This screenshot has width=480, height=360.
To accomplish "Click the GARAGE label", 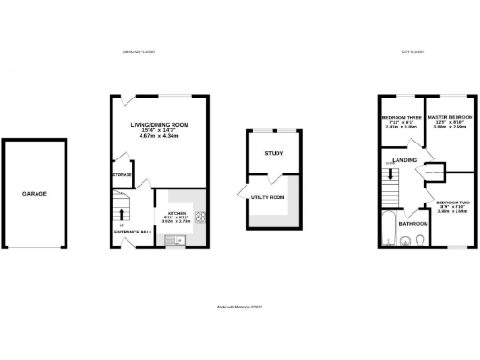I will pos(35,194).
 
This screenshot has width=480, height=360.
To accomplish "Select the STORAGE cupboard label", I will pos(122,174).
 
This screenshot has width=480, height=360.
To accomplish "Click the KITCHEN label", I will pos(177,214).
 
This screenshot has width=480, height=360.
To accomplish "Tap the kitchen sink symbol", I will pos(173,241).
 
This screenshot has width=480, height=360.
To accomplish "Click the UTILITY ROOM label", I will pos(267,197).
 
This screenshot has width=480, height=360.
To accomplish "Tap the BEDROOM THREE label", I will pos(400,117).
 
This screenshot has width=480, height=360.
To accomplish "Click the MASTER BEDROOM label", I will pos(446,117).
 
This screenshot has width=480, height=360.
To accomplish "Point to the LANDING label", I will pos(405,160).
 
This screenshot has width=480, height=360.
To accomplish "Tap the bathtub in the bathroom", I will pos(388,228).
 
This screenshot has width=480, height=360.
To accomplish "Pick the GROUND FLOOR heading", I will pos(139,52).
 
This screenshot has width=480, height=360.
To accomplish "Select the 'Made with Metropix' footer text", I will pos(239,307).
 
